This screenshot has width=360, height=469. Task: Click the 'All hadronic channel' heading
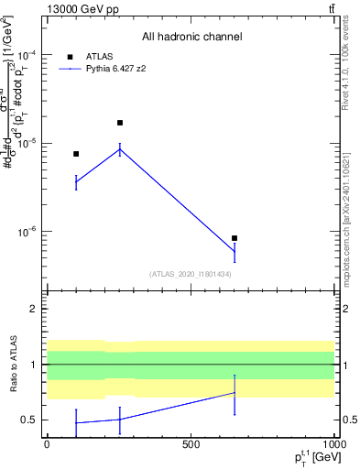[x=191, y=37]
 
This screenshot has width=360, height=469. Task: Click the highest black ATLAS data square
[x=120, y=123]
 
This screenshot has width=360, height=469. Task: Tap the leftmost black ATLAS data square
[x=76, y=154]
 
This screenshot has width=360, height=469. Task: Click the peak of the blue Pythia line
[x=120, y=149]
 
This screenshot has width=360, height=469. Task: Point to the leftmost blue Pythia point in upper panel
[x=76, y=182]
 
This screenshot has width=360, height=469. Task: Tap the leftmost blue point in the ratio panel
[x=76, y=423]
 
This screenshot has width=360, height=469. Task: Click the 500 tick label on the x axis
[x=191, y=443]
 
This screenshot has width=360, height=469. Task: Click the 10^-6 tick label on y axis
[x=28, y=232]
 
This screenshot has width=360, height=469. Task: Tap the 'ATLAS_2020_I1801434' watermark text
[x=191, y=274]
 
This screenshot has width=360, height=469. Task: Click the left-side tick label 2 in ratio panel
[x=35, y=309]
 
